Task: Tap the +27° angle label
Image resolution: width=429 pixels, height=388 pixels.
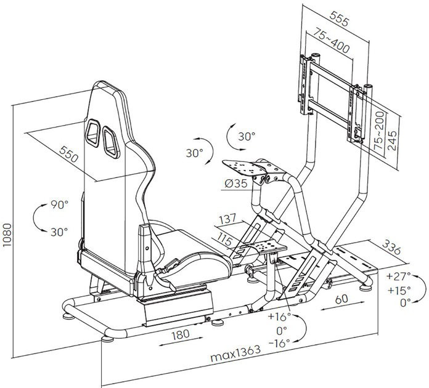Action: pyautogui.click(x=401, y=275)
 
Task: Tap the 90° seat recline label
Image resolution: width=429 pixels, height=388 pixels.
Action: pyautogui.click(x=59, y=204)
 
